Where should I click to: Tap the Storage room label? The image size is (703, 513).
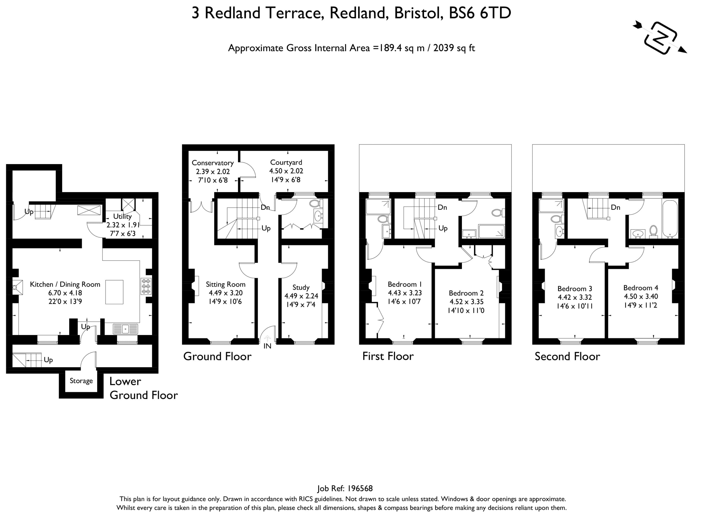[x=81, y=381]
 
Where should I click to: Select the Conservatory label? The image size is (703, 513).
[x=213, y=163]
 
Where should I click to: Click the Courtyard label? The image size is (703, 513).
[x=286, y=162]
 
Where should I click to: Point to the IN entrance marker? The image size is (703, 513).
[x=267, y=346]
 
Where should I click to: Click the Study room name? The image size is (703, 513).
[x=301, y=288]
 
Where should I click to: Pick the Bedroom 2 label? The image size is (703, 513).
[x=466, y=293]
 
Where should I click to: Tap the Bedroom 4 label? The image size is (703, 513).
[x=641, y=288]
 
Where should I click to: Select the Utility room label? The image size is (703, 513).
[x=122, y=217]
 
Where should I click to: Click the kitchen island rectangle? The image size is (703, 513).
[x=114, y=292]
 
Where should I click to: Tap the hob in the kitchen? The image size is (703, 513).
[x=146, y=286]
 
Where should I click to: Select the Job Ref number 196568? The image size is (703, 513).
[x=360, y=489]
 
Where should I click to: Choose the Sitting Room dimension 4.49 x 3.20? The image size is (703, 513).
[x=226, y=293]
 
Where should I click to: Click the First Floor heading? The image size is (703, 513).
[x=388, y=356]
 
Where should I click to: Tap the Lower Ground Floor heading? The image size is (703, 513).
[x=144, y=388]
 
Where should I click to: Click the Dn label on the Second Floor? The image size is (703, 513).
[x=615, y=207]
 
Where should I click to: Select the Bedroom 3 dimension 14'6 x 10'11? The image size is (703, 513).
[x=575, y=306]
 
